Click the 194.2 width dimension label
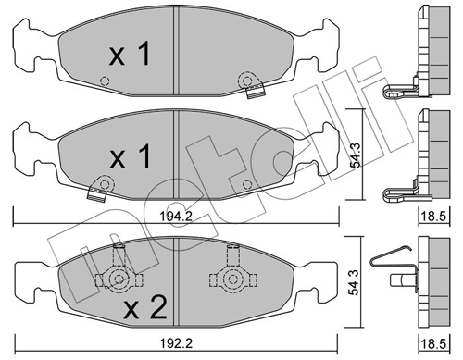(x=176, y=216)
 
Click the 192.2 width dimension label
(x=176, y=343)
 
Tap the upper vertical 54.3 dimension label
(x=356, y=157)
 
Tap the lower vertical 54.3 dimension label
(x=355, y=282)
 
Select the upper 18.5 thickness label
(x=435, y=217)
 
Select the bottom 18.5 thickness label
(x=435, y=344)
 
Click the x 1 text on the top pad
(x=130, y=55)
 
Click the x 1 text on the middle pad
(x=130, y=157)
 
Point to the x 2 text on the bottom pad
(x=144, y=307)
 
